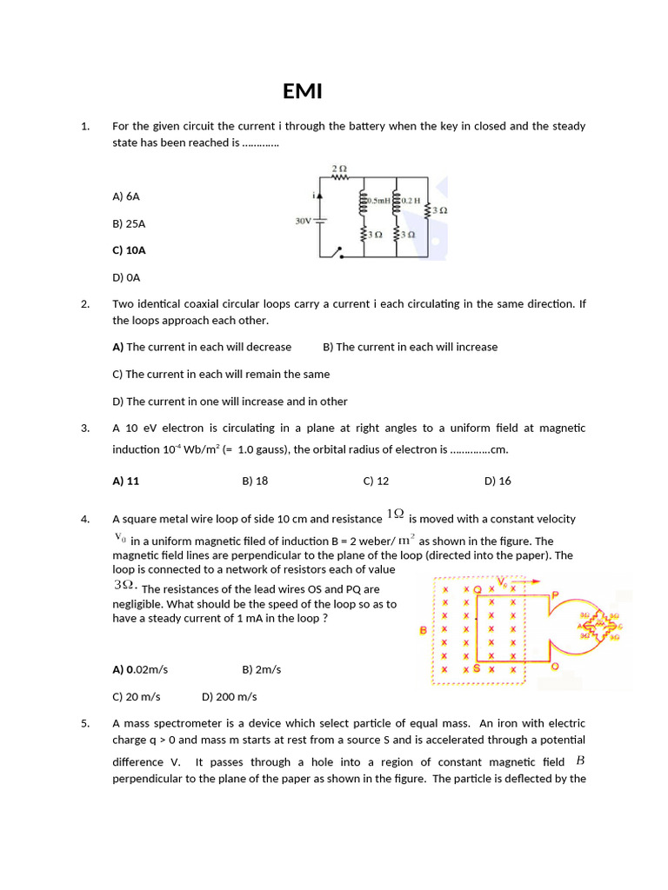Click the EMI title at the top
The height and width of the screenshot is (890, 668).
pos(304,91)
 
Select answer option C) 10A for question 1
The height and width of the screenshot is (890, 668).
pos(129,250)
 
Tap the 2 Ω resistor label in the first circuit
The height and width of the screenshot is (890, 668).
pos(339,168)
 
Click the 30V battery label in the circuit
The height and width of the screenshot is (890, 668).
pos(303,221)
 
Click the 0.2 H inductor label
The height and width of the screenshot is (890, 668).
pos(411,201)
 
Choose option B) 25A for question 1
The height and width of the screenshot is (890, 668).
pos(129,223)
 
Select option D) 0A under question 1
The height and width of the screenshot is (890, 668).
pos(126,277)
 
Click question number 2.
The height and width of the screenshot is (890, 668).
pos(85,304)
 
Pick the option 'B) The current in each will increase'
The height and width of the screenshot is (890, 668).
pos(410,347)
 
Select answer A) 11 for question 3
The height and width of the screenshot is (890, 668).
pos(126,481)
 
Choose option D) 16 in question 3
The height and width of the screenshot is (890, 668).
pos(498,481)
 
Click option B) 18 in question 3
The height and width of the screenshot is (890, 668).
pos(255,481)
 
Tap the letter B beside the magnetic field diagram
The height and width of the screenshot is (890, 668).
pos(424,629)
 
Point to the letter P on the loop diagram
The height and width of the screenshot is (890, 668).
pos(555,594)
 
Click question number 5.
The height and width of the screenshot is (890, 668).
pos(85,723)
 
